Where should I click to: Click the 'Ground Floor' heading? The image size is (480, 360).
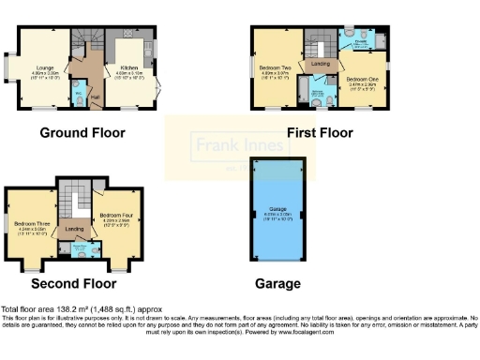tap(82, 133)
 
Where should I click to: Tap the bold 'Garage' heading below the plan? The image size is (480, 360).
tap(278, 283)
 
